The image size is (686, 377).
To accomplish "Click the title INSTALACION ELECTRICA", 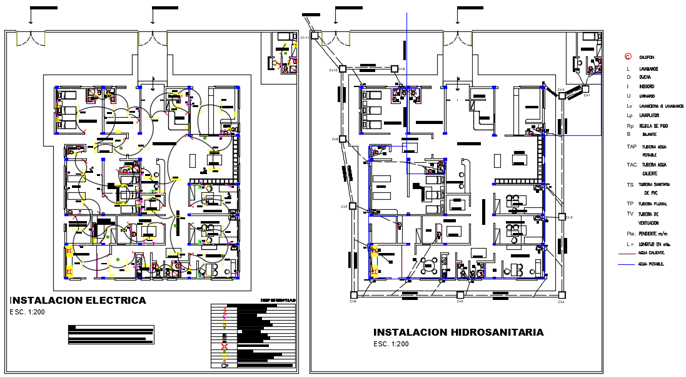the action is (79, 301).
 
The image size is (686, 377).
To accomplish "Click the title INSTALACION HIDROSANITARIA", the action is (458, 333).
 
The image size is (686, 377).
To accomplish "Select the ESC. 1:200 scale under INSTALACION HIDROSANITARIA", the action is (391, 344).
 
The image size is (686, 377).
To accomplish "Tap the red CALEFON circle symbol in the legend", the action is (628, 57).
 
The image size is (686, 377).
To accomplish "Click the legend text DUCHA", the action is (645, 77).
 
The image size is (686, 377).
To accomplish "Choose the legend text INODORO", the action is (647, 86).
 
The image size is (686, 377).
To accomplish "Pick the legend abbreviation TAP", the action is (631, 146).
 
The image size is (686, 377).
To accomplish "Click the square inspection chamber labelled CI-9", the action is (394, 69).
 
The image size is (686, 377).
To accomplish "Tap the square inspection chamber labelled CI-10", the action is (342, 69).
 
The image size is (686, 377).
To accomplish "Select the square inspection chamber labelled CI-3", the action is (562, 217).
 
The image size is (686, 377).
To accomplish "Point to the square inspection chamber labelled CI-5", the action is (460, 294).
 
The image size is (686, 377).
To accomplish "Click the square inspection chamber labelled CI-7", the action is (353, 205).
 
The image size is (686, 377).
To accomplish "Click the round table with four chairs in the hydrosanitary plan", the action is (430, 264).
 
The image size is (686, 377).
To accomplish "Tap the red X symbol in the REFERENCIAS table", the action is (224, 346).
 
